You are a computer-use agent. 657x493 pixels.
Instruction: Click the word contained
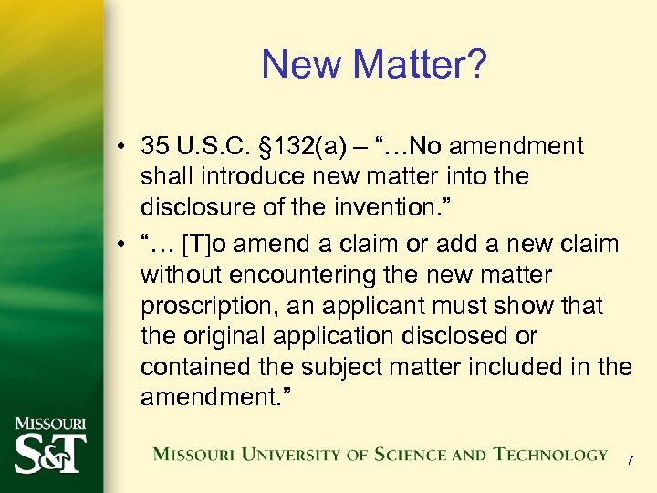187,368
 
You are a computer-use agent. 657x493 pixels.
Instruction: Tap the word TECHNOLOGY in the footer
550,455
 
